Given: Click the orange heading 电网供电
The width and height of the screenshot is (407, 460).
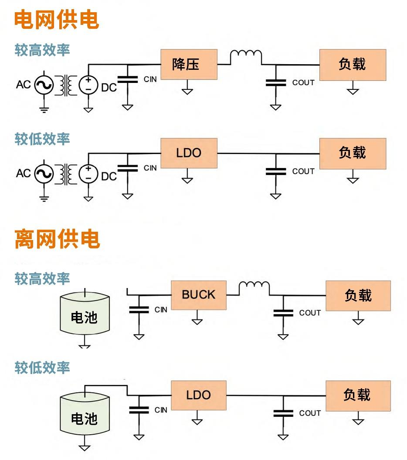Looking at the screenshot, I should click(57, 20).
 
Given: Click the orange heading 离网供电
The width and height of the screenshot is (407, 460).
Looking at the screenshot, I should click(57, 239).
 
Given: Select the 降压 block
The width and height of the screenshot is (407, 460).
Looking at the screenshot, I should click(189, 65).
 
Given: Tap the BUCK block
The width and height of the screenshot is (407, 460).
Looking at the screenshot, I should click(198, 295).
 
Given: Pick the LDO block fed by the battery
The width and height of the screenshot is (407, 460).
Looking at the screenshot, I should click(198, 395).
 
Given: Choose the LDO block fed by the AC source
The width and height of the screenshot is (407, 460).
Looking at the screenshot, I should click(189, 153).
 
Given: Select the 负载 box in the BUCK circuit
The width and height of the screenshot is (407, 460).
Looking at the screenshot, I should click(358, 295).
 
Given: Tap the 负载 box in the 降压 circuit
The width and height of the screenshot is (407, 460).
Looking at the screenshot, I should click(352, 65).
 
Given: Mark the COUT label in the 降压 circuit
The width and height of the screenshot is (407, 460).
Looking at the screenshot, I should click(303, 82).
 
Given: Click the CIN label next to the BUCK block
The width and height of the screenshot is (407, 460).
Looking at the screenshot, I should click(161, 310).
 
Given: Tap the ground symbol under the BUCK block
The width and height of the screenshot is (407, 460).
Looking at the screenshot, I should click(197, 321).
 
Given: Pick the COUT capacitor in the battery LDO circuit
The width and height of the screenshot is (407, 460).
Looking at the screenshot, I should click(283, 413).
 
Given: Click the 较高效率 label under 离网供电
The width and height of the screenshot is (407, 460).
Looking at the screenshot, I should click(42, 278).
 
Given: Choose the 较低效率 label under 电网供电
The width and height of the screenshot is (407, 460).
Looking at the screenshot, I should click(42, 139).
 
